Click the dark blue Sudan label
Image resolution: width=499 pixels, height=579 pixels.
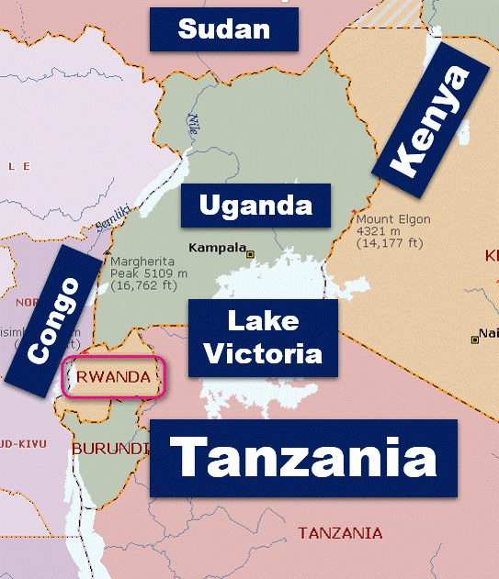(x=224, y=28)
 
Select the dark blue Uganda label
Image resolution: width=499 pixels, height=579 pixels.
(x=255, y=205)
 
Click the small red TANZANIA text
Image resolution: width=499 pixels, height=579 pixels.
(x=340, y=533)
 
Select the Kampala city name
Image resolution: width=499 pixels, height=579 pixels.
(x=216, y=248)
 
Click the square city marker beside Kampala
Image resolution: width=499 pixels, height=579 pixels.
(x=250, y=253)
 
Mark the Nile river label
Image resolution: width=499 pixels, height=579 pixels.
(x=194, y=122)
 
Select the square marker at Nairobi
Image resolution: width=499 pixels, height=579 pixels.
(x=474, y=340)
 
